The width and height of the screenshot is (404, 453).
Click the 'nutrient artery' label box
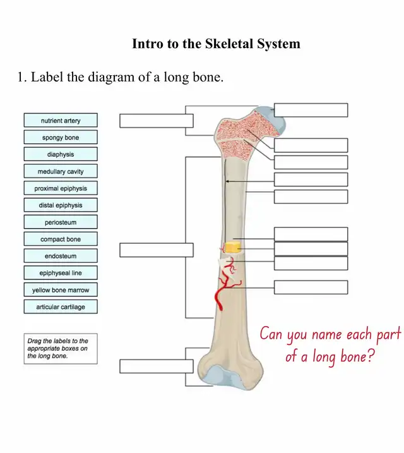tap(61, 120)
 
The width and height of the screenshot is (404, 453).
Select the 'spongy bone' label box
tap(61, 137)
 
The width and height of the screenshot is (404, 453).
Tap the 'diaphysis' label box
tap(61, 154)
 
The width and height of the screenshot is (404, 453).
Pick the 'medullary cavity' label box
tap(61, 171)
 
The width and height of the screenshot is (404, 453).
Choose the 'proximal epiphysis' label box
tap(61, 188)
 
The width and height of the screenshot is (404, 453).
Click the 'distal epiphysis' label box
tap(61, 205)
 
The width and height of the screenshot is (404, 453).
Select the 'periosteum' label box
tap(61, 222)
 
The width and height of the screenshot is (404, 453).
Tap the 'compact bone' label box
tap(61, 239)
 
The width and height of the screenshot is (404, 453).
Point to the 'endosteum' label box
tap(61, 256)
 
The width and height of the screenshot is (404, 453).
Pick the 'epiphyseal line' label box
tap(61, 273)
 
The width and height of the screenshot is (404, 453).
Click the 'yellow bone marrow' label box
tap(61, 290)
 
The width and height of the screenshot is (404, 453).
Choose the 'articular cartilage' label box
tap(61, 306)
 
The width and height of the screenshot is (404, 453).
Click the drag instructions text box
tap(61, 349)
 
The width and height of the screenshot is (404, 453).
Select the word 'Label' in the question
tap(47, 78)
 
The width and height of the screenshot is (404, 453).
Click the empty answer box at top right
tap(311, 110)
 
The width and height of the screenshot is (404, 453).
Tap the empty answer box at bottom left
tap(156, 366)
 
